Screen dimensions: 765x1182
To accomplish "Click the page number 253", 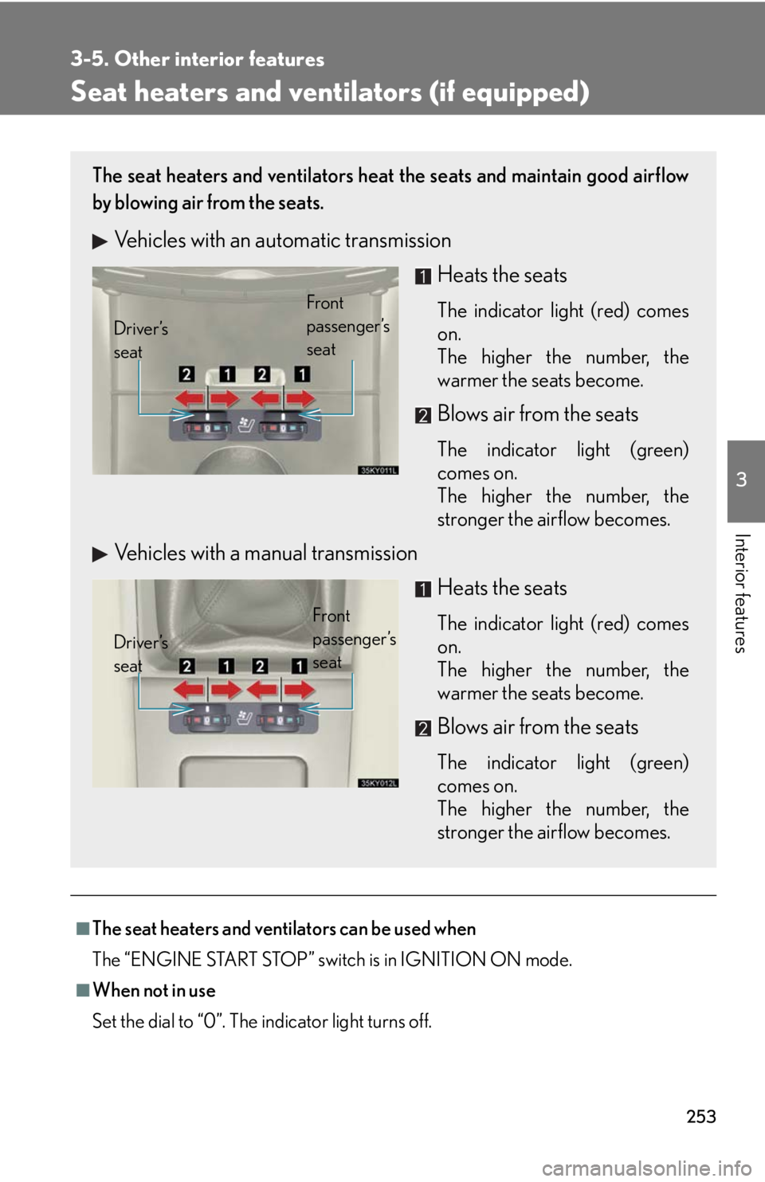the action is [x=701, y=1116].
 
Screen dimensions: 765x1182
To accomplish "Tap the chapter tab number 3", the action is [x=742, y=479].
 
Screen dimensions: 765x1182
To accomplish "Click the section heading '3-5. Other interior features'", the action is [x=198, y=59].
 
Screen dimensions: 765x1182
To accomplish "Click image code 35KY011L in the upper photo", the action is [x=379, y=470].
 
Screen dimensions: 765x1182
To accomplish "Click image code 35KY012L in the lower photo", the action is [x=379, y=782].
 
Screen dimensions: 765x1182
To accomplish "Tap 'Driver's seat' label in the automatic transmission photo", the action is [x=141, y=340].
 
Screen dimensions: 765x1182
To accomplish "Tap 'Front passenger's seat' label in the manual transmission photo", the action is [x=354, y=639].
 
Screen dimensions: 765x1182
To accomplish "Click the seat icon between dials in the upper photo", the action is [x=245, y=425].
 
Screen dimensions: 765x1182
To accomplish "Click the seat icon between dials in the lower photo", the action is [x=245, y=718].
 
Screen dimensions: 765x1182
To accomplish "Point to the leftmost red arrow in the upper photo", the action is [x=190, y=398].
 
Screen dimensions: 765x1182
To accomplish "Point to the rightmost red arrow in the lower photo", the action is [x=300, y=689].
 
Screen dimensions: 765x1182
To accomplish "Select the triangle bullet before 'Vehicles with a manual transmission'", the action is [x=100, y=554].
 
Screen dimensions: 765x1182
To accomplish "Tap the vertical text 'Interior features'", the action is [x=742, y=593].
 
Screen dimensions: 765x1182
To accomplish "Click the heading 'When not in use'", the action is [x=154, y=991].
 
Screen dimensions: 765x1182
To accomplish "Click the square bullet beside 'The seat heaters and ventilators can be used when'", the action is [x=82, y=929].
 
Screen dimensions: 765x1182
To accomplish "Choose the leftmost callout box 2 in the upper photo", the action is [x=186, y=374].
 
